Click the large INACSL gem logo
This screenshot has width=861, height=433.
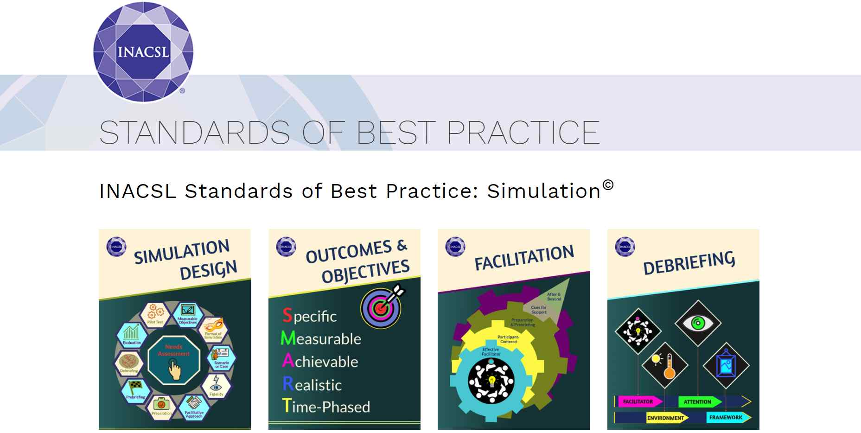tap(143, 52)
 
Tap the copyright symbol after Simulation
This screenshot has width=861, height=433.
tap(608, 185)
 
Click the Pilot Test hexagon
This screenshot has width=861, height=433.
tap(155, 314)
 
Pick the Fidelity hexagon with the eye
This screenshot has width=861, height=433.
tap(216, 386)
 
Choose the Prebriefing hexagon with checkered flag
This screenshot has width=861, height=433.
tap(135, 389)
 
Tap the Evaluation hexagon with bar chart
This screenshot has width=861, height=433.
tap(132, 335)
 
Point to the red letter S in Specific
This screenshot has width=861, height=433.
tap(287, 315)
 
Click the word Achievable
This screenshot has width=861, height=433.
tap(320, 361)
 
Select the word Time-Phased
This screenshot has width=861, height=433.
tap(326, 407)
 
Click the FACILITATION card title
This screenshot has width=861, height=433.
tap(524, 257)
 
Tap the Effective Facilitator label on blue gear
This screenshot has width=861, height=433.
tap(491, 351)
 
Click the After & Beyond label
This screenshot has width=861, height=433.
tap(554, 297)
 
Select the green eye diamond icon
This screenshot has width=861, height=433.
tap(697, 323)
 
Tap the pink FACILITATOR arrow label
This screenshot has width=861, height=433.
tap(638, 401)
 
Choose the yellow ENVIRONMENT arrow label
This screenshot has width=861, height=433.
tap(665, 418)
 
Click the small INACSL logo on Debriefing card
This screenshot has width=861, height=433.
tap(625, 247)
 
